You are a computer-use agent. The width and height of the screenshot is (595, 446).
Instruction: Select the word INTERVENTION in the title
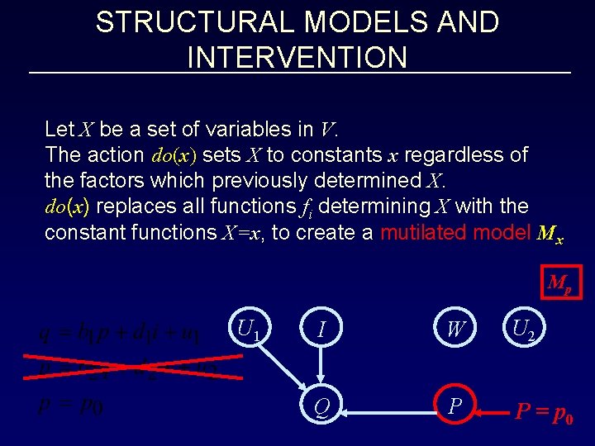[297, 58]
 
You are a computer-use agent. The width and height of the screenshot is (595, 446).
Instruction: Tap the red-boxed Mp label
[559, 283]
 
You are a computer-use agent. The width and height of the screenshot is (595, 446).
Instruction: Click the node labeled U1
[248, 330]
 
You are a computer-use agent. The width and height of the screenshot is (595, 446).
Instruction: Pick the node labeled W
[455, 330]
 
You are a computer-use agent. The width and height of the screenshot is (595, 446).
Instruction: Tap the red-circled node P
[455, 405]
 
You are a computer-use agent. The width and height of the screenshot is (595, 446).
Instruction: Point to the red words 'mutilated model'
[455, 233]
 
